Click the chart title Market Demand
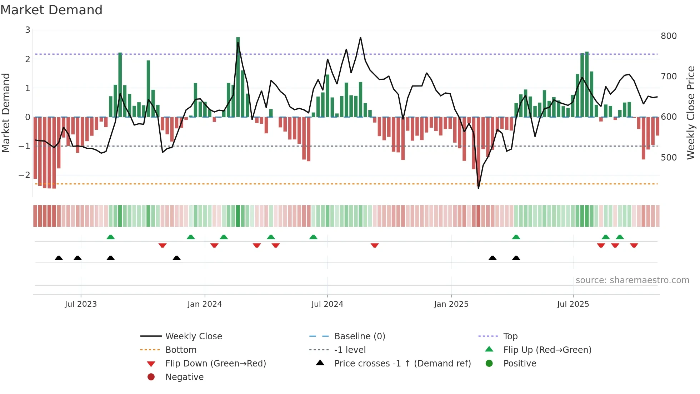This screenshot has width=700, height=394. click(x=51, y=10)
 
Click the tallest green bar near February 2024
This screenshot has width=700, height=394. click(x=238, y=77)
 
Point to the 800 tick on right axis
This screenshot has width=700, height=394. click(x=669, y=36)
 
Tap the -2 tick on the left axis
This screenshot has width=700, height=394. click(x=24, y=175)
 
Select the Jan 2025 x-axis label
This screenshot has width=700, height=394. click(x=451, y=304)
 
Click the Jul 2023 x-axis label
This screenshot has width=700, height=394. click(x=81, y=304)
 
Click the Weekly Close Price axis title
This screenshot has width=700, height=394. click(x=691, y=113)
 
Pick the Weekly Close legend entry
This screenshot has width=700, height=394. click(x=193, y=336)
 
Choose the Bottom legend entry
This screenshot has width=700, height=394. click(x=181, y=350)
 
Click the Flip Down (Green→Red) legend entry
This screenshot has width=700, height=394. click(x=215, y=364)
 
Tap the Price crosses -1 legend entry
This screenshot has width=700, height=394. click(x=402, y=364)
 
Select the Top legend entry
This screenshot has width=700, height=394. click(x=510, y=336)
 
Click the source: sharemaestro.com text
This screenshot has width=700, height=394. click(x=632, y=280)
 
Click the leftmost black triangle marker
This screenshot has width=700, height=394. click(x=59, y=258)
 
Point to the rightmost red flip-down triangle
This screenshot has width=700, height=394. click(x=634, y=245)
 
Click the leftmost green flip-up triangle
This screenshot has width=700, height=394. click(x=111, y=237)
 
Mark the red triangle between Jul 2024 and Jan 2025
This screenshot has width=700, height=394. click(x=375, y=245)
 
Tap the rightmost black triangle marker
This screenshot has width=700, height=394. click(x=516, y=258)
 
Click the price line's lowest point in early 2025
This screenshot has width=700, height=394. click(x=479, y=188)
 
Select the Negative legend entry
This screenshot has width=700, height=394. click(x=184, y=377)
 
